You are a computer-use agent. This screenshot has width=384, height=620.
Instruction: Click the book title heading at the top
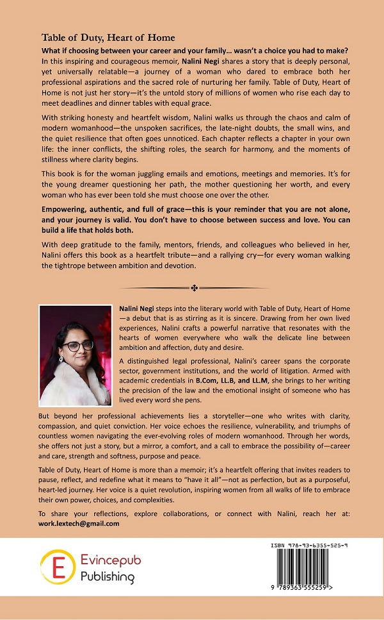[x=108, y=38]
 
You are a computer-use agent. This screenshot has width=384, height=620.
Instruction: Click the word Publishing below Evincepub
[x=108, y=577]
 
